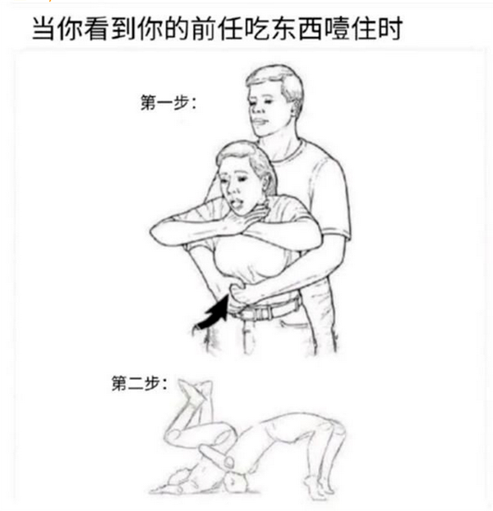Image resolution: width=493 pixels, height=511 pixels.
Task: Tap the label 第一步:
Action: [x=168, y=103]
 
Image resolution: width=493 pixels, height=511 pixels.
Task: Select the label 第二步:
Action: [x=139, y=383]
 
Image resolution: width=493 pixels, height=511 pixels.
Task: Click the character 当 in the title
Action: [x=44, y=29]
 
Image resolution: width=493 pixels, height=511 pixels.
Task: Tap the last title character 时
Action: [x=389, y=29]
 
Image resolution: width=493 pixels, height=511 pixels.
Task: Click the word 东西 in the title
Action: [x=297, y=29]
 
